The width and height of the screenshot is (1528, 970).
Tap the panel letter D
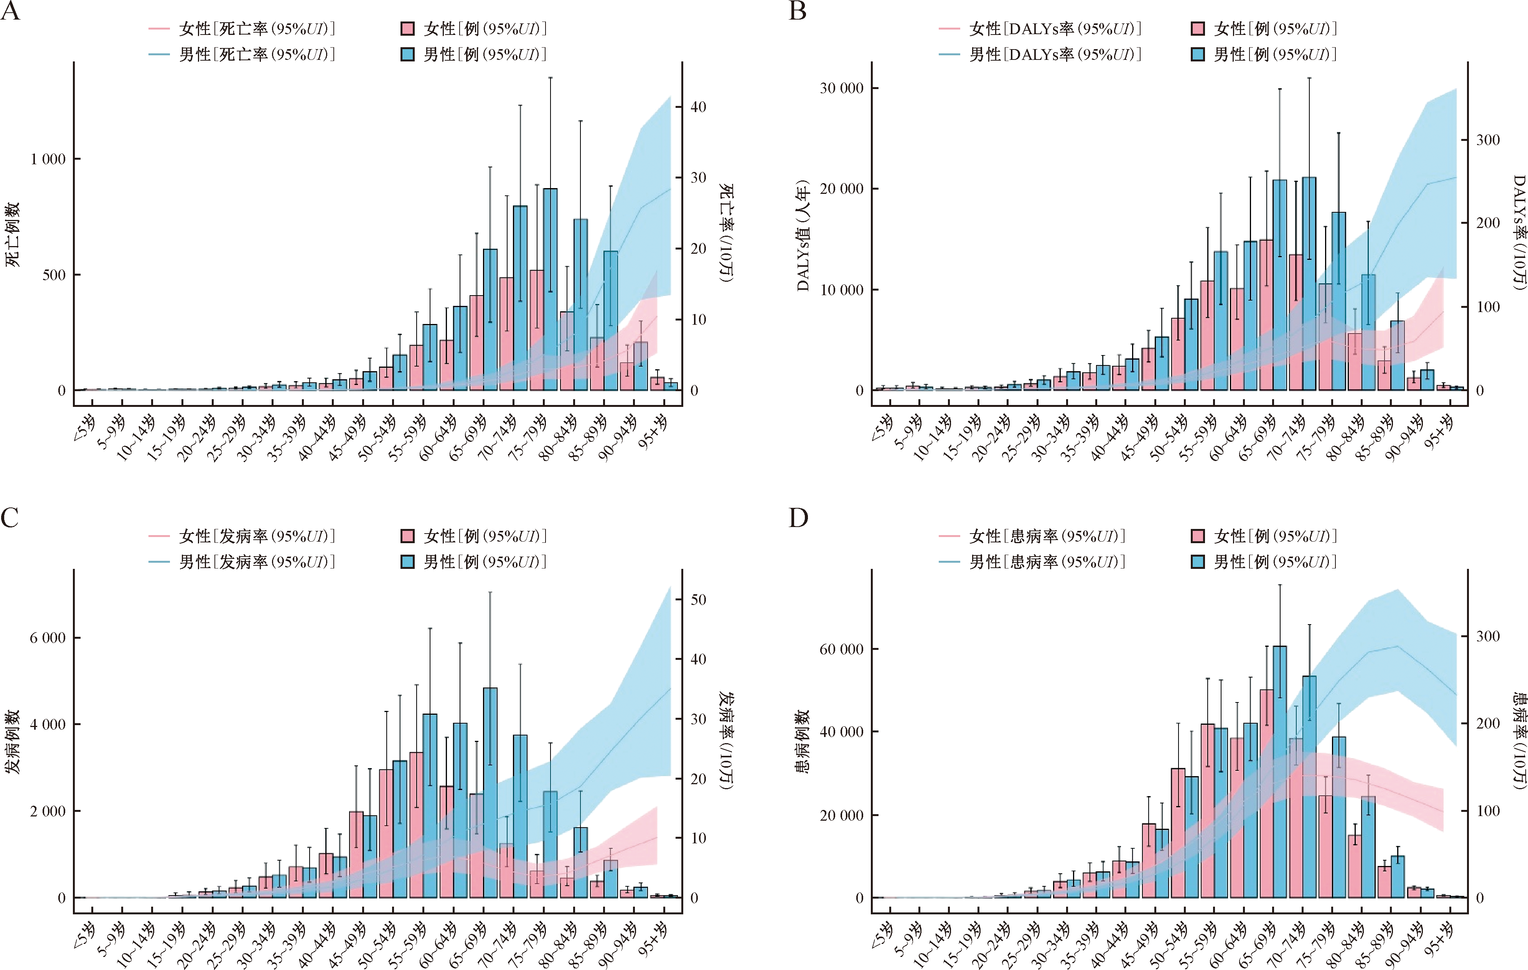(798, 518)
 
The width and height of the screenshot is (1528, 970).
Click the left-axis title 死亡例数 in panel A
(13, 235)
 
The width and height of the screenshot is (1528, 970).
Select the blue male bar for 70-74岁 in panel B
(1309, 284)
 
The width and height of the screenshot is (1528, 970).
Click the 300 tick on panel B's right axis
(1488, 140)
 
